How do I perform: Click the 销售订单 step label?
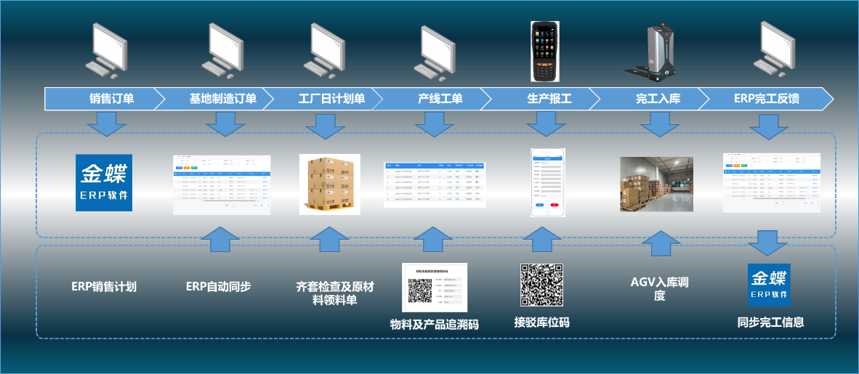pos(111,99)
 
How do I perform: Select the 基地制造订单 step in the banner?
pos(222,99)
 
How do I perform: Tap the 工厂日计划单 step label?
pos(331,99)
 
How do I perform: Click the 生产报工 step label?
pos(549,99)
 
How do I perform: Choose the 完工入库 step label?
pos(658,99)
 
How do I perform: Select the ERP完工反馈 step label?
pos(766,99)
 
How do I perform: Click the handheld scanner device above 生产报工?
pos(549,51)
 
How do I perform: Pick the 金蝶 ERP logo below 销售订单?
pos(105,182)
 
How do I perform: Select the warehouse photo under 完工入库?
pos(656,184)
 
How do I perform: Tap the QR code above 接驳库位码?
pos(541,285)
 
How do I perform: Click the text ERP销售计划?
pos(104,287)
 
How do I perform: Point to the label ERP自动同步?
pos(219,287)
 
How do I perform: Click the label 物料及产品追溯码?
pos(435,325)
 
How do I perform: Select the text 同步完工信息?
pos(770,322)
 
